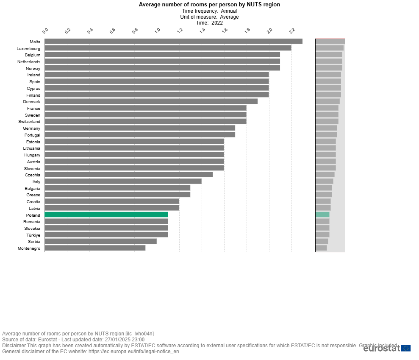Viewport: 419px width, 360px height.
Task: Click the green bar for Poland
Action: click(106, 215)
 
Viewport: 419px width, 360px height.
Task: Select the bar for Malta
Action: click(173, 42)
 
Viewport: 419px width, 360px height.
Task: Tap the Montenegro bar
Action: click(95, 248)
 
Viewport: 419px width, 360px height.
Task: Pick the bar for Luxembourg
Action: click(168, 48)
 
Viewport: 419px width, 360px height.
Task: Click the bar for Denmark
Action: click(151, 102)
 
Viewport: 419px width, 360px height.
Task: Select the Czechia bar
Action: click(128, 175)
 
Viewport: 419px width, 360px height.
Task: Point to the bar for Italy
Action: click(123, 181)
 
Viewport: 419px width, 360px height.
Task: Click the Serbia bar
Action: click(100, 242)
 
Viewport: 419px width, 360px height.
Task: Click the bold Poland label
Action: click(33, 215)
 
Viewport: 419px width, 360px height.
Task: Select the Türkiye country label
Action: click(33, 235)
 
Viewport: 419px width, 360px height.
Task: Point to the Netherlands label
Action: click(29, 62)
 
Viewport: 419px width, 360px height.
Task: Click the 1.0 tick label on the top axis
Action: click(158, 31)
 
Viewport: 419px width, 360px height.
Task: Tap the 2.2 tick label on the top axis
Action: click(292, 31)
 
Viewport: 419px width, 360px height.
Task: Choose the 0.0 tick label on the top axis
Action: click(46, 31)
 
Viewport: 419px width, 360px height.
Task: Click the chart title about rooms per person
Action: click(209, 5)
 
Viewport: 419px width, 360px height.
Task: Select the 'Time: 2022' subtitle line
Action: click(209, 23)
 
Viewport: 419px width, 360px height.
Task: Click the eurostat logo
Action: click(386, 348)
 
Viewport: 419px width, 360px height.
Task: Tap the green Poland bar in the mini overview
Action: click(322, 215)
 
